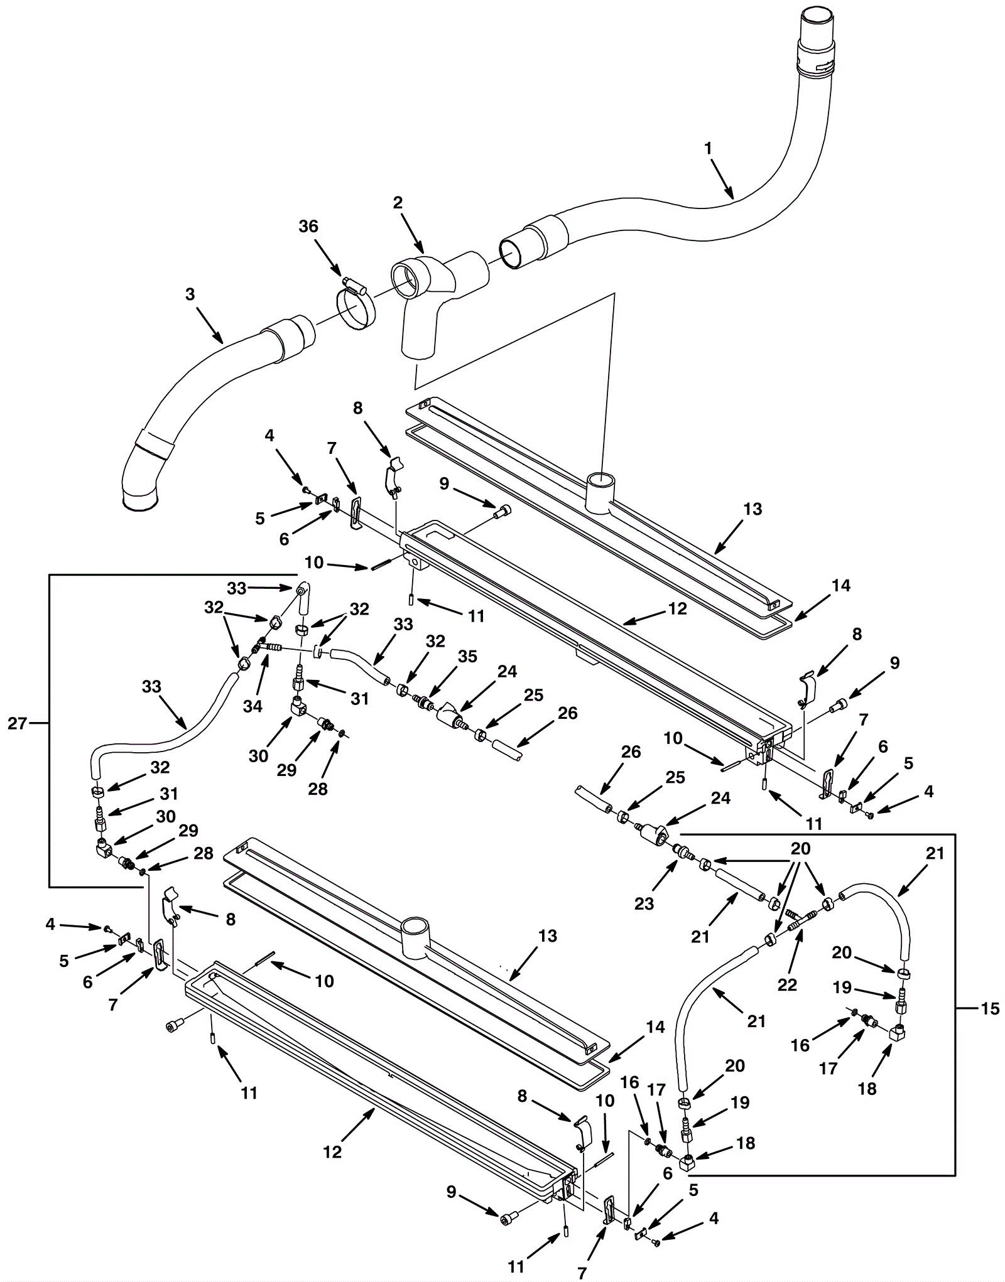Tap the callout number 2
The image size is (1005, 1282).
[x=398, y=202]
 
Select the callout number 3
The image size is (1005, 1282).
[x=190, y=294]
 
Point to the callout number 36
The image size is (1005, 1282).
[x=308, y=226]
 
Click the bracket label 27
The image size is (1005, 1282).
[x=17, y=723]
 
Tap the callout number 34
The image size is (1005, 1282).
[x=253, y=706]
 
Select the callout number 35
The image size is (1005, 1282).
[x=467, y=656]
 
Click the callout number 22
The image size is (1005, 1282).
[x=787, y=984]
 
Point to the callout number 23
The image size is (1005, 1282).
[x=644, y=903]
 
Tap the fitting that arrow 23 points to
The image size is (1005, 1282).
[x=681, y=852]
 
